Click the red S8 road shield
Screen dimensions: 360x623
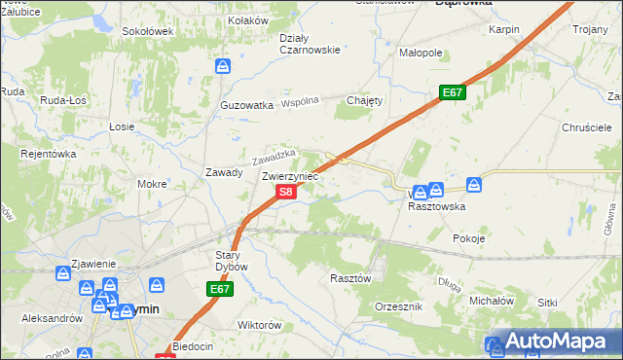(285, 193)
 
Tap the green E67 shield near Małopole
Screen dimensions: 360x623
(452, 92)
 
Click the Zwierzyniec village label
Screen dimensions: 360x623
(290, 176)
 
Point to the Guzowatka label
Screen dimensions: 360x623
(246, 105)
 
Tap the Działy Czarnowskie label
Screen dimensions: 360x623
(310, 44)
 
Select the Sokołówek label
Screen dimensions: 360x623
(147, 31)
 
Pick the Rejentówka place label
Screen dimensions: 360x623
(49, 153)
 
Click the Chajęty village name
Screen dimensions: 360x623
(366, 100)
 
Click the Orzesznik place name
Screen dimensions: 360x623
(398, 306)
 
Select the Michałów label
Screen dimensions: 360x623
(492, 302)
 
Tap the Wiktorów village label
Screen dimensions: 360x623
(260, 325)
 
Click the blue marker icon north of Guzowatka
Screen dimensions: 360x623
(223, 66)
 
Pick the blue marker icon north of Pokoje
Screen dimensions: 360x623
(474, 183)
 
